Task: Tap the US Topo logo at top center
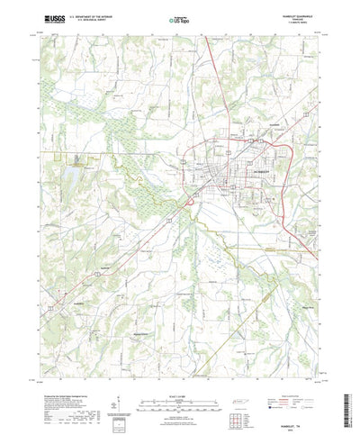179,16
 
